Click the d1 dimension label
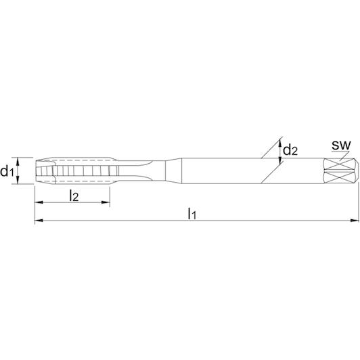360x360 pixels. (x=7, y=171)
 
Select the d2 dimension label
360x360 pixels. (x=290, y=150)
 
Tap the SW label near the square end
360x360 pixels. (x=342, y=145)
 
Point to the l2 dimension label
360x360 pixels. (x=74, y=196)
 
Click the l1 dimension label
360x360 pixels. (x=192, y=214)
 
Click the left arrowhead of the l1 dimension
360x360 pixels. (x=39, y=221)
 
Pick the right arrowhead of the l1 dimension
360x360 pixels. (x=355, y=221)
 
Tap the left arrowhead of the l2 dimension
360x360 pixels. (x=39, y=202)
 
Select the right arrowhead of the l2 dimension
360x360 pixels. (x=106, y=202)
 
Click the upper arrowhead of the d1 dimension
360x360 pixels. (x=18, y=162)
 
